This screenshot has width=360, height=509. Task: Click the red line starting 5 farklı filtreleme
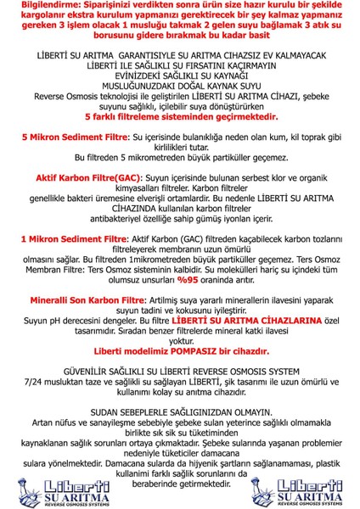[180, 117]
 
